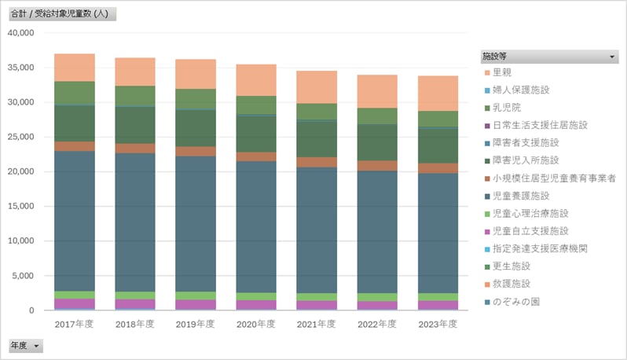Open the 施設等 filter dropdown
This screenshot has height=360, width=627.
612,57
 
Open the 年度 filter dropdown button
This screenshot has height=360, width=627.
36,346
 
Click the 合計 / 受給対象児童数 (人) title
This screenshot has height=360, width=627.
60,14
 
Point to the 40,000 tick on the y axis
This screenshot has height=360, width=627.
20,33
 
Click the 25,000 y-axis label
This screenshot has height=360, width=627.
20,137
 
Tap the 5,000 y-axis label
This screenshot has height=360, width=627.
23,276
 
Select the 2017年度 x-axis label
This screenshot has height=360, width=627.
74,324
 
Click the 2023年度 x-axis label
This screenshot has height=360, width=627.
438,324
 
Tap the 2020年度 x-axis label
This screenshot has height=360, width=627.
256,324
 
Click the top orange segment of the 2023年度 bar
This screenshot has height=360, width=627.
438,93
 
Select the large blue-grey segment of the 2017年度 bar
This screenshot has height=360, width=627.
74,220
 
